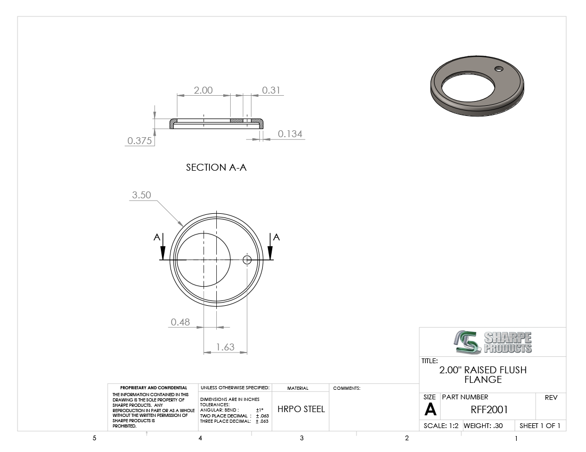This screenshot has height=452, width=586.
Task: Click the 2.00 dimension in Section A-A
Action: click(x=203, y=90)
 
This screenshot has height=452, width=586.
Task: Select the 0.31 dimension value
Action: click(x=271, y=90)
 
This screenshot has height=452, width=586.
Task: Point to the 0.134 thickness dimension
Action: click(x=290, y=134)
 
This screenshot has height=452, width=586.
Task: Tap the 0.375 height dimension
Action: click(x=140, y=140)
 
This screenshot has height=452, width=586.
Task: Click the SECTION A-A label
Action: click(x=216, y=168)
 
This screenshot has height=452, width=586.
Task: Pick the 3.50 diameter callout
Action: click(x=141, y=195)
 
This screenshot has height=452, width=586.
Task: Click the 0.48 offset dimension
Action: click(x=180, y=322)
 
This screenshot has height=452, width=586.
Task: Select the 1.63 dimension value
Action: click(x=225, y=347)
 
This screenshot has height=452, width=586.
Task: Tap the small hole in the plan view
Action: click(x=247, y=260)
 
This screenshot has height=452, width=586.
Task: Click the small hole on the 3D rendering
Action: click(x=499, y=69)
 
